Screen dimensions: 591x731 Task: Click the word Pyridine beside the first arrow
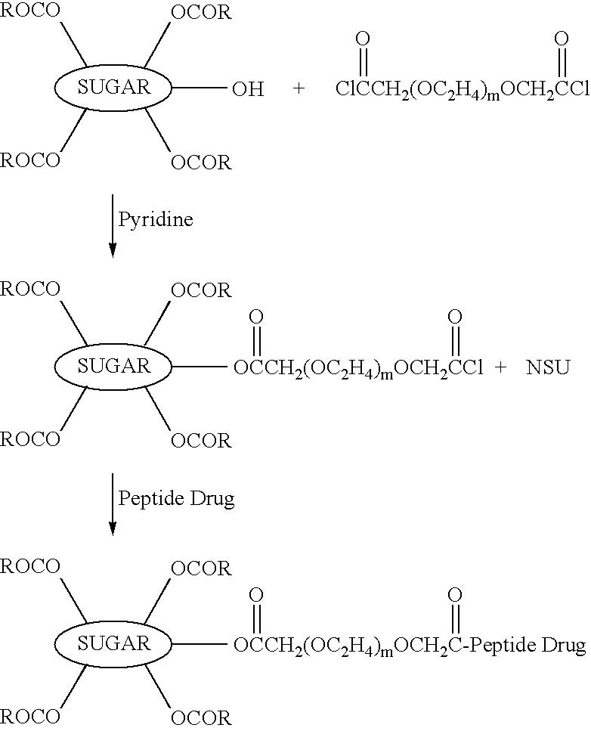(155, 220)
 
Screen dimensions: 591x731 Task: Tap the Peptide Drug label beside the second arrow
(176, 499)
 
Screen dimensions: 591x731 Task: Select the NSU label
(548, 367)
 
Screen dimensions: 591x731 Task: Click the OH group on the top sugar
(248, 88)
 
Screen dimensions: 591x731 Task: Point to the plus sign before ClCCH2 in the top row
(299, 88)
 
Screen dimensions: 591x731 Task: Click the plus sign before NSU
(500, 367)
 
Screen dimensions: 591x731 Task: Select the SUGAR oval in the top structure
(113, 87)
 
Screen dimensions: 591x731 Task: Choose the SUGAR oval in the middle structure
(113, 367)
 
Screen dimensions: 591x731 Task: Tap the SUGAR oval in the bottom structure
(113, 644)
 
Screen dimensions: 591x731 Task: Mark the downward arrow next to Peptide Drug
(113, 504)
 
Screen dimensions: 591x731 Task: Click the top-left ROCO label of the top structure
(30, 11)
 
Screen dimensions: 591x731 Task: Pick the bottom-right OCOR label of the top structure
(201, 163)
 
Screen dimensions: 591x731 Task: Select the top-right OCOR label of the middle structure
(201, 290)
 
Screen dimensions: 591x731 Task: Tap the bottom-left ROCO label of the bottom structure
(30, 716)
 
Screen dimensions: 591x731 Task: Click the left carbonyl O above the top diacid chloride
(363, 39)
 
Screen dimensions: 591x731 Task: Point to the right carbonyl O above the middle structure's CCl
(454, 317)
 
